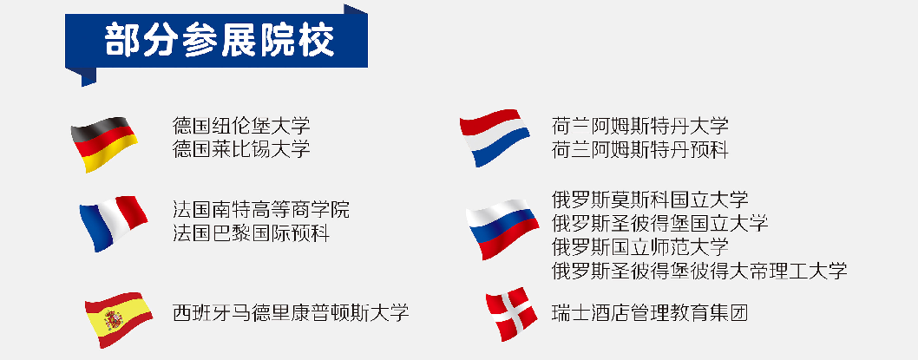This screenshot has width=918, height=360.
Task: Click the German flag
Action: tap(104, 144)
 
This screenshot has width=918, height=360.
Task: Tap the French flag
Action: tap(113, 223)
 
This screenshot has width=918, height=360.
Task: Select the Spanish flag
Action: tap(119, 319)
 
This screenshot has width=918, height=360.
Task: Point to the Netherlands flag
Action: tap(495, 138)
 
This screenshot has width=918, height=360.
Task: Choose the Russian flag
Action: tap(502, 229)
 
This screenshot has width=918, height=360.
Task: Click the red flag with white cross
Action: tap(511, 314)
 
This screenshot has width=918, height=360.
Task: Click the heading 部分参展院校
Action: tap(220, 41)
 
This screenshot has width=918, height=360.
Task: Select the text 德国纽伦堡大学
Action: tap(241, 125)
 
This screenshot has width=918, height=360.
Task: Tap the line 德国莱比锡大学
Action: tap(241, 149)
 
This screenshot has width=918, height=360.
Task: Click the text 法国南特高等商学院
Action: tap(261, 209)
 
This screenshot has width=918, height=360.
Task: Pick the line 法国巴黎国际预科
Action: tap(251, 233)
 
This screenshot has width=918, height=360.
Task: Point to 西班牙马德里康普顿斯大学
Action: tap(291, 312)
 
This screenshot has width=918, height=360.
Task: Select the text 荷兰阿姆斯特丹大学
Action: tap(639, 125)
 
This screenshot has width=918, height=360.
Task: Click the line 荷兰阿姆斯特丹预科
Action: tap(639, 150)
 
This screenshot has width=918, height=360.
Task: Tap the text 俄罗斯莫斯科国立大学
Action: tap(650, 199)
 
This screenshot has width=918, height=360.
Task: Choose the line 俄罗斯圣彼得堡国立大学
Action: tap(659, 222)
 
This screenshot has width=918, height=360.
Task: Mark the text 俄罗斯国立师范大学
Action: tap(639, 246)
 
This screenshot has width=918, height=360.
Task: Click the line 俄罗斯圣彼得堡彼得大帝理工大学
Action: tap(699, 271)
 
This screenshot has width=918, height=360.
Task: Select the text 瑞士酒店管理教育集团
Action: tap(650, 312)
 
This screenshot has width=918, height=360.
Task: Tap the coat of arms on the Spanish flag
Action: tap(113, 320)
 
